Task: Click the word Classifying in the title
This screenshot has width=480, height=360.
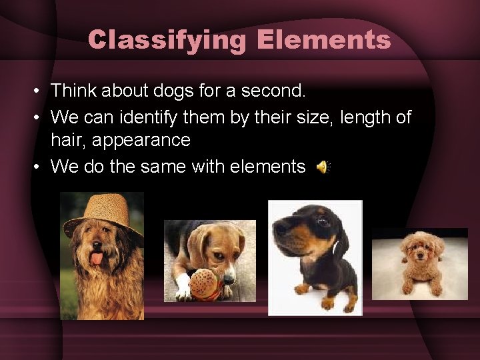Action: click(167, 40)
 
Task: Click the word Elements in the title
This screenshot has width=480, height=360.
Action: click(323, 40)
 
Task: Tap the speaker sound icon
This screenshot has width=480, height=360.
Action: click(322, 167)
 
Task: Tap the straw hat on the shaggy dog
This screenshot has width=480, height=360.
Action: click(104, 212)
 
